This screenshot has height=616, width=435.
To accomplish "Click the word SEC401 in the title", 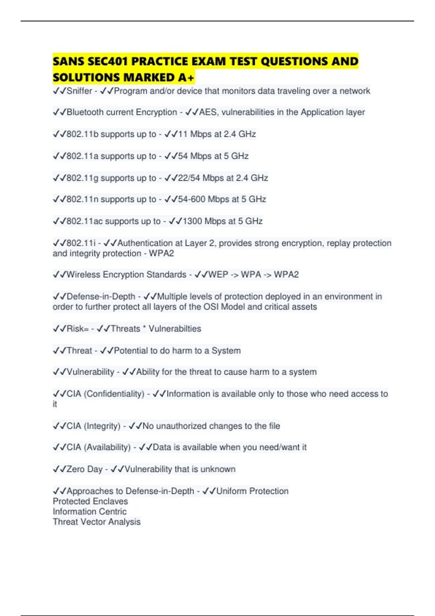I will (108, 61).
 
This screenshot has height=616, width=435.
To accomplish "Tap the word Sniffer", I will (79, 91).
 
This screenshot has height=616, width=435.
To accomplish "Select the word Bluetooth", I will (85, 112).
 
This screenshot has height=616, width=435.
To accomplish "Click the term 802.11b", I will (83, 134).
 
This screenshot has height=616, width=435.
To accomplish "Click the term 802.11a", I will (83, 156).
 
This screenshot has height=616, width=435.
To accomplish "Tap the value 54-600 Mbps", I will (203, 199).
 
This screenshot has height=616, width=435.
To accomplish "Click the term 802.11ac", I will (85, 221).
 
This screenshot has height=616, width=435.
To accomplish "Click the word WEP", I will (218, 275).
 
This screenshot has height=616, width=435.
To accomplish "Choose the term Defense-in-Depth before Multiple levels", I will (101, 296).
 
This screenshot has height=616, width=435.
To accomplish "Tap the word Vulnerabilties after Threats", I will (175, 329).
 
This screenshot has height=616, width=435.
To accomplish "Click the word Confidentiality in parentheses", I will (114, 394).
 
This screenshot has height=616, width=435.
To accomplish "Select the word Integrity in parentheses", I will (102, 426).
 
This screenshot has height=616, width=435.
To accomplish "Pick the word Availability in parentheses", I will (107, 447).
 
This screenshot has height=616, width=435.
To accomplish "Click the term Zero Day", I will (84, 469).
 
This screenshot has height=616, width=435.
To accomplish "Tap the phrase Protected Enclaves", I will (90, 501).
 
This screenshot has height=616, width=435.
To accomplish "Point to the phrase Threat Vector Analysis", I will (96, 522).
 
